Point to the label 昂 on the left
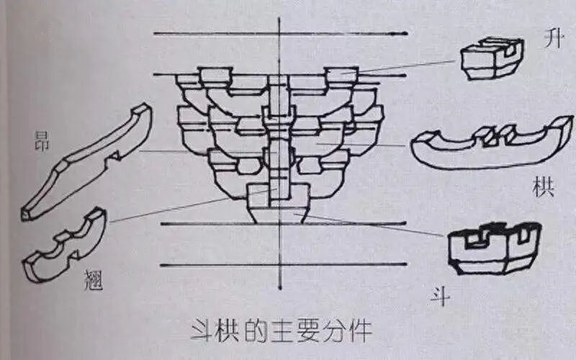coord(42,142)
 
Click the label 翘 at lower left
coord(94,279)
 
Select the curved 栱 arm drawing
coord(490,144)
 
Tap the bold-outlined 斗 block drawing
coord(494,248)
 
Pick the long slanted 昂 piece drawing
coord(86,162)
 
